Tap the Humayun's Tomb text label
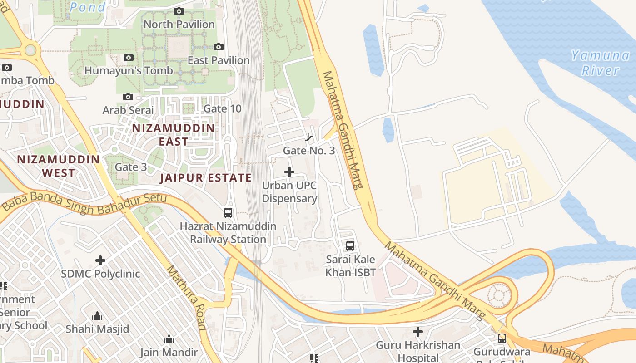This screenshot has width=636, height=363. (x=129, y=70)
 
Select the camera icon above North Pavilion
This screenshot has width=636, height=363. (x=179, y=11)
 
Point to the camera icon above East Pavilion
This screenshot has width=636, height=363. (x=219, y=47)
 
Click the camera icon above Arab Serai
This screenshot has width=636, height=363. (x=128, y=97)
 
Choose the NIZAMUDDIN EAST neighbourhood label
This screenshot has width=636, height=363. (x=173, y=135)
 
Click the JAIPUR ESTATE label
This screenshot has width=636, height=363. (x=206, y=178)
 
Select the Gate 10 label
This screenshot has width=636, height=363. (x=223, y=108)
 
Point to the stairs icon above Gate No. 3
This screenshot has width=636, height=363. (x=309, y=137)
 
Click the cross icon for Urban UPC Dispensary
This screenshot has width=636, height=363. (x=289, y=172)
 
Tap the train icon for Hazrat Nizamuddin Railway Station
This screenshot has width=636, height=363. (x=228, y=212)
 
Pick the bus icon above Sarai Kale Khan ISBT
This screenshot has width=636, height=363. (x=350, y=246)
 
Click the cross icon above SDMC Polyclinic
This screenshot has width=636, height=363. (x=100, y=260)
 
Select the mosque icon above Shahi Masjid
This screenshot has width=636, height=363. (x=97, y=316)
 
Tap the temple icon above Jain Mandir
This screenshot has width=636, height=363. (x=169, y=339)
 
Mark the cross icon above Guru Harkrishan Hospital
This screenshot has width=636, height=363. (x=418, y=332)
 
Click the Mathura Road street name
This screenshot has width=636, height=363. (x=186, y=298)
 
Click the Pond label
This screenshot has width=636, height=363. (x=88, y=7)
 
